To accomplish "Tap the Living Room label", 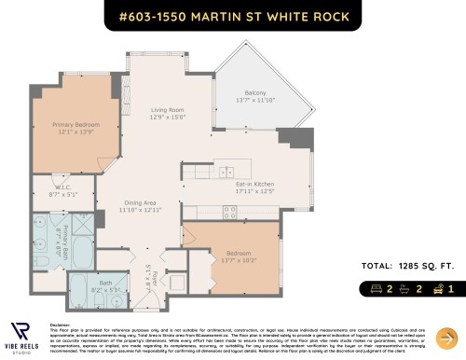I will (x=170, y=110).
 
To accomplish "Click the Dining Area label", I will (x=141, y=203).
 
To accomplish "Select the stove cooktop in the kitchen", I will (x=228, y=212).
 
